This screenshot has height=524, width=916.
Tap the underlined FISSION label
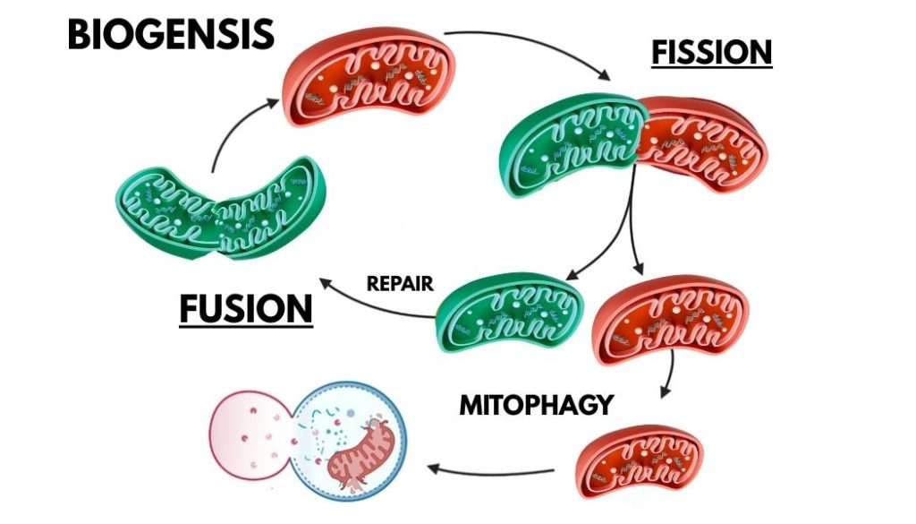[711, 52]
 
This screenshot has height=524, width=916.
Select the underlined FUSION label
[246, 308]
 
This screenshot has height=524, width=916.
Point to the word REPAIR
[400, 285]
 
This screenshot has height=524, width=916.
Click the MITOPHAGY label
[536, 405]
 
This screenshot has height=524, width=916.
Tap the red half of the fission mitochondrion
[707, 143]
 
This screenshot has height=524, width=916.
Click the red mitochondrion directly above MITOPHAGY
[670, 322]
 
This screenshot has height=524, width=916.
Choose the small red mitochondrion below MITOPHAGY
[640, 460]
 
